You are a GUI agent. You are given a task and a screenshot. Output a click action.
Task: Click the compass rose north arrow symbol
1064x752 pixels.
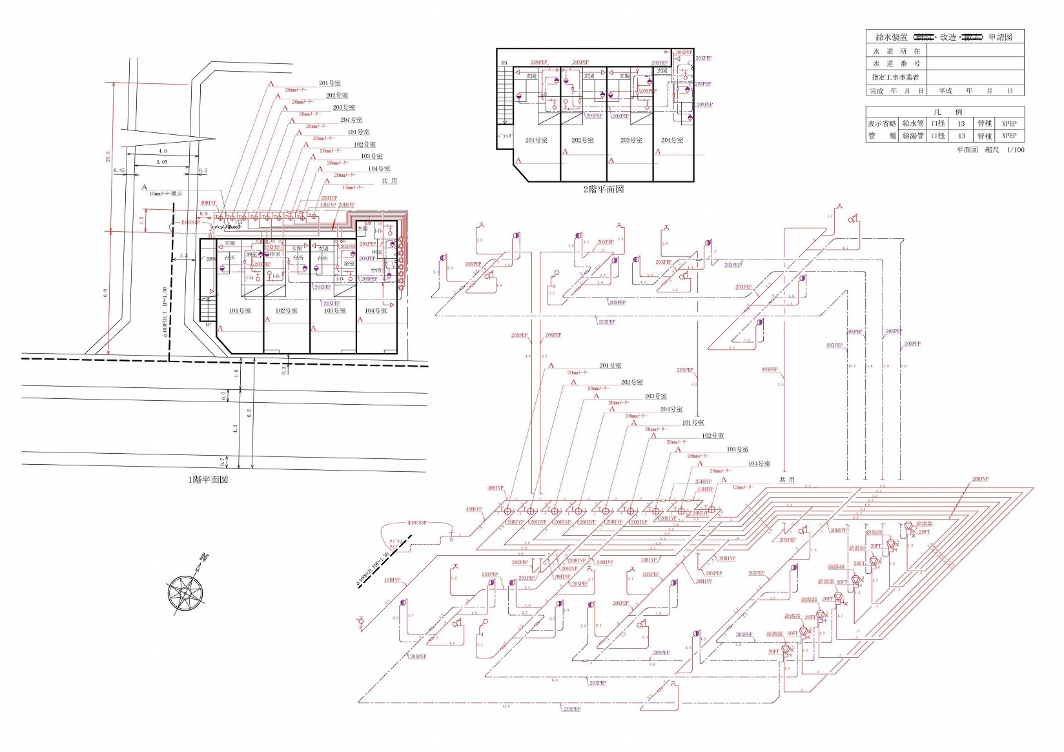[x=186, y=590]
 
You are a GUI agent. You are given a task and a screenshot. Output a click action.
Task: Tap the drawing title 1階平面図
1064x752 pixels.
[x=207, y=480]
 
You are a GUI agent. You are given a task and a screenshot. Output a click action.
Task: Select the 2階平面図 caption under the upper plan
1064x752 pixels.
[x=603, y=189]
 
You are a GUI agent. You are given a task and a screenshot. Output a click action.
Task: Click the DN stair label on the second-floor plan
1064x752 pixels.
[x=504, y=63]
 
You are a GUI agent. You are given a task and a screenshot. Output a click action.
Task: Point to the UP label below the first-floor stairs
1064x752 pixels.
[x=207, y=325]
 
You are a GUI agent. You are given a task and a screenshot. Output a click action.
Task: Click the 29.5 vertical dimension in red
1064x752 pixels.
[x=108, y=157]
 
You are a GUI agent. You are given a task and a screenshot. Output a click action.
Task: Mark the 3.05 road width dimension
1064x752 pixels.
[x=161, y=162]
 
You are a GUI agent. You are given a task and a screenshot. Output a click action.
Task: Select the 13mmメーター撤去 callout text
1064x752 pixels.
[x=165, y=193]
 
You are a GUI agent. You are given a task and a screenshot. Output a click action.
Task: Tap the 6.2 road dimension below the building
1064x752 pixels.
[x=249, y=412]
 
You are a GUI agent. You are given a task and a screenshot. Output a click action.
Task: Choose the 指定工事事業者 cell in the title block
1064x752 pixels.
[x=895, y=77]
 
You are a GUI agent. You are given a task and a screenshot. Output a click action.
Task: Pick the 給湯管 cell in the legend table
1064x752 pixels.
[x=913, y=136]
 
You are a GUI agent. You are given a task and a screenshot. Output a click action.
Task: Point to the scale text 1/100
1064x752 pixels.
[x=1015, y=150]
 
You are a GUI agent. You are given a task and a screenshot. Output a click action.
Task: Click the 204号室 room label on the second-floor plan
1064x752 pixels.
[x=672, y=140]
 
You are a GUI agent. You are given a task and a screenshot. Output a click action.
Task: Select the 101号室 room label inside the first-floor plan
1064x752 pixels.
[x=240, y=310]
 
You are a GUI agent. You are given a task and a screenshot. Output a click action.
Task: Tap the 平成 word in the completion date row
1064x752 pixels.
[x=946, y=91]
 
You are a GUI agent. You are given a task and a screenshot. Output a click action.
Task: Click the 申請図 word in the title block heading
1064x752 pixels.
[x=1000, y=37]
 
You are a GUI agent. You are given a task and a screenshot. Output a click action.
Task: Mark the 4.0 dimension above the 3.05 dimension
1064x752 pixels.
[x=163, y=151]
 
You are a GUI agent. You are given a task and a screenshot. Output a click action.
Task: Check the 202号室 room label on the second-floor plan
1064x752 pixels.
[x=582, y=140]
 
